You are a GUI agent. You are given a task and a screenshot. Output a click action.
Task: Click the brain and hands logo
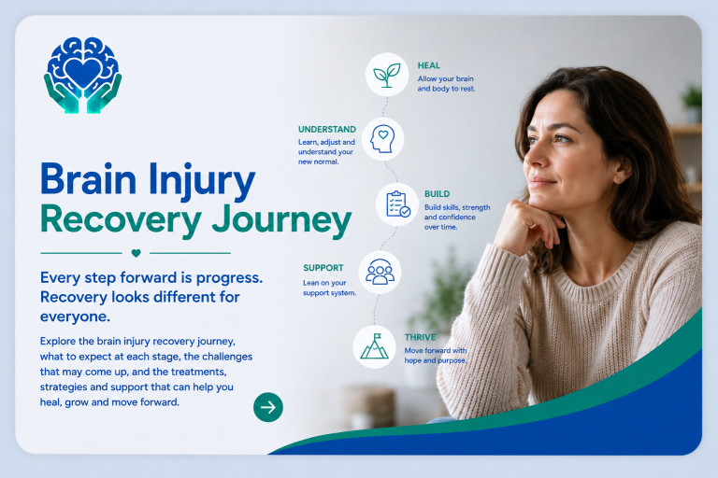tap(83, 76)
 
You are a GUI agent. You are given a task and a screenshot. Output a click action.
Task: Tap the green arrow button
tap(268, 407)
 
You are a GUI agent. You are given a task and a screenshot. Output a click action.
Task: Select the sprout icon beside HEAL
tap(387, 75)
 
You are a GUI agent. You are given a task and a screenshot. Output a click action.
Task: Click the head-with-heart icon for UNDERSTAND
tap(382, 139)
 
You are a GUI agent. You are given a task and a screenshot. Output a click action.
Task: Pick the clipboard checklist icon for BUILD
tap(397, 204)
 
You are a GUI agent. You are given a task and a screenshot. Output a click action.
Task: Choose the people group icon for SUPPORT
tap(381, 273)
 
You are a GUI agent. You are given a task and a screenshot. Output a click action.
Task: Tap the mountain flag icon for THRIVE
tap(375, 346)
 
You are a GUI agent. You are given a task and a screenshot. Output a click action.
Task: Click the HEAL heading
tap(428, 66)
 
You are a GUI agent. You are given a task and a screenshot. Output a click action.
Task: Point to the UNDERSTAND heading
tap(327, 130)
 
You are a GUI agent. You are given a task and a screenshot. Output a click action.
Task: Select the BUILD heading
tap(437, 194)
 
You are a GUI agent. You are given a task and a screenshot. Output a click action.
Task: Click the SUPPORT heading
tap(323, 268)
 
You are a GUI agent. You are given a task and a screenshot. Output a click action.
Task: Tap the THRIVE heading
tap(420, 338)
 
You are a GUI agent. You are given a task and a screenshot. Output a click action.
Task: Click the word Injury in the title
tap(202, 181)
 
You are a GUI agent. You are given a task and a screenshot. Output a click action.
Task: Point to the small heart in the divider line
tap(136, 253)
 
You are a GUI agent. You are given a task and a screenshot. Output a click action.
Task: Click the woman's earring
tap(619, 180)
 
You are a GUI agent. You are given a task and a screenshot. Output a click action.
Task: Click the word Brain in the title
tap(89, 178)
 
